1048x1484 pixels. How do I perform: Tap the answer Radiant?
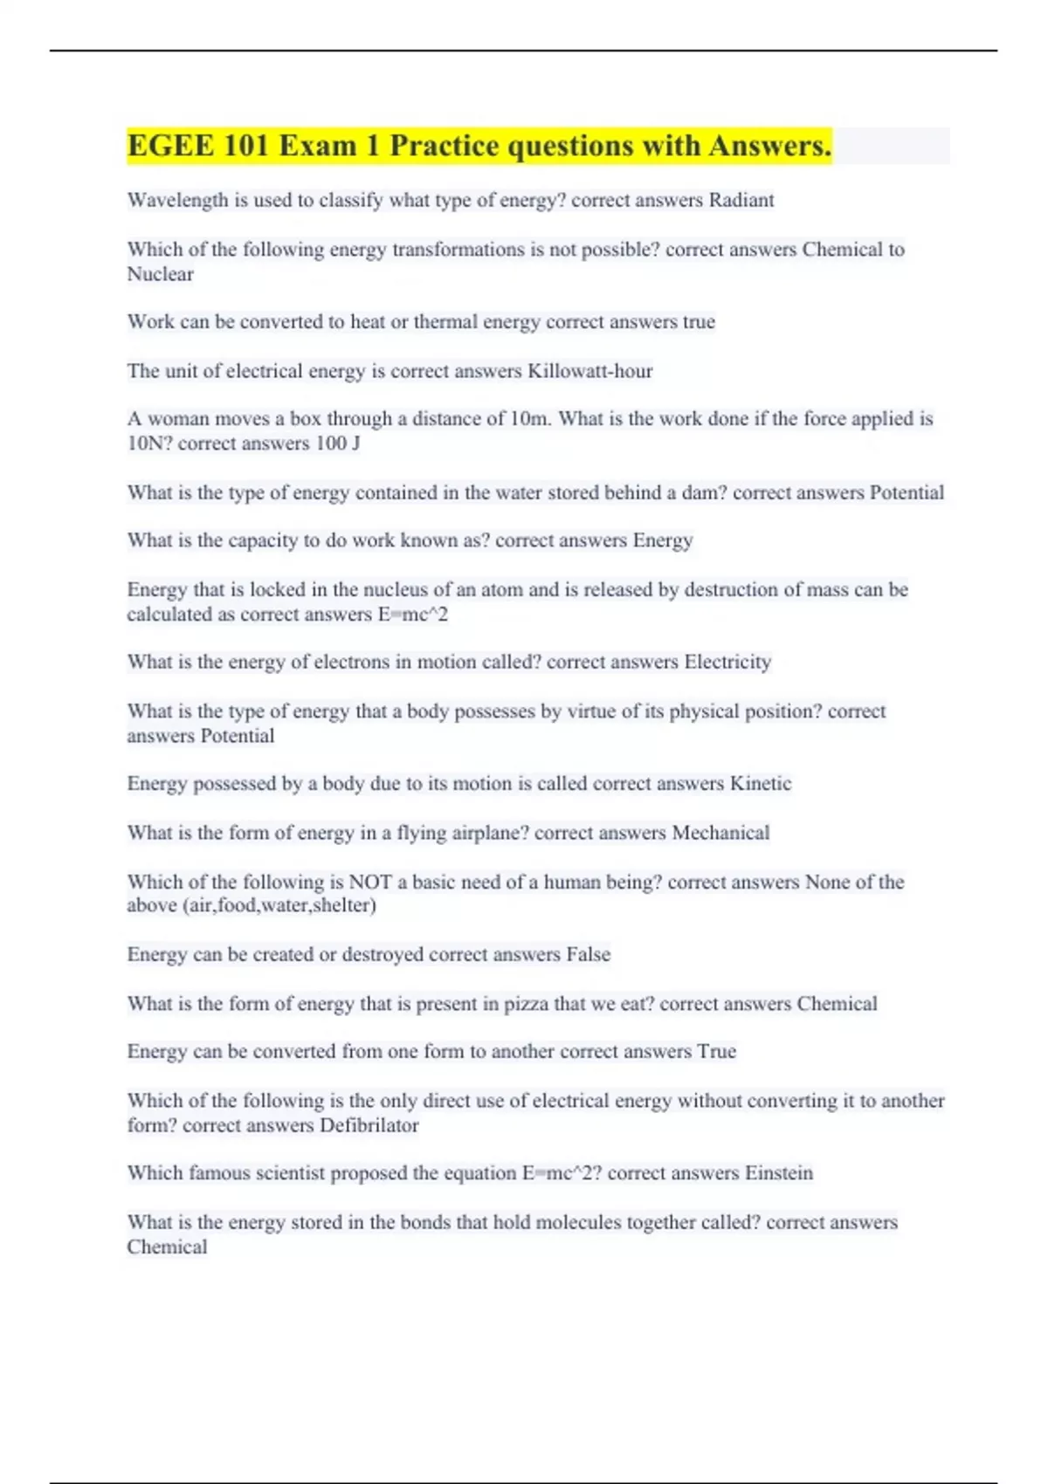(741, 201)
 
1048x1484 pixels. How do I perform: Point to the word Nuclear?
(160, 274)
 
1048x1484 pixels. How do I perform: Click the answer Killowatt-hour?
(589, 371)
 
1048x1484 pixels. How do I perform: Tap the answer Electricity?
(727, 662)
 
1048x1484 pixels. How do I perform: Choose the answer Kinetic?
(760, 783)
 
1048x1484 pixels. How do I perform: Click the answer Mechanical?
(720, 833)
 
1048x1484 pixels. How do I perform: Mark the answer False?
(588, 954)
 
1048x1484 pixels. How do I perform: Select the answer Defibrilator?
(369, 1125)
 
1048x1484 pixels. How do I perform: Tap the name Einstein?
(778, 1173)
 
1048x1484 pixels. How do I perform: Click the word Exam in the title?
(317, 146)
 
